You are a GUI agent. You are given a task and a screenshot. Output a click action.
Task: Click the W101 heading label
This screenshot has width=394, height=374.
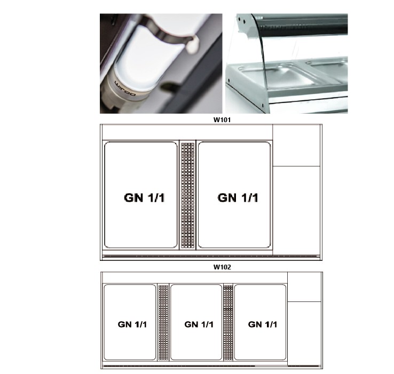222,120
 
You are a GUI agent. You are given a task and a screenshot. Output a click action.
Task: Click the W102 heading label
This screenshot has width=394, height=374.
222,267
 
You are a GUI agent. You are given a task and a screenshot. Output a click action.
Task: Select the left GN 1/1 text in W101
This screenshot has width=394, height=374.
144,198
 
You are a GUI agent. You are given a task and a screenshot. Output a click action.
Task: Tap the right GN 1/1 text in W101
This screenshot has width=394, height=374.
238,198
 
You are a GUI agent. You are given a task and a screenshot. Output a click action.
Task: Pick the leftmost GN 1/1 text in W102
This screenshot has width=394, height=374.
132,324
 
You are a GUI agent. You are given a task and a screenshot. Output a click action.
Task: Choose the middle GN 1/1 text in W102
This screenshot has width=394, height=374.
199,324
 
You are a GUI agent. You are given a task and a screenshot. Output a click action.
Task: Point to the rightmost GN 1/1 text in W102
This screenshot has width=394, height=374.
263,324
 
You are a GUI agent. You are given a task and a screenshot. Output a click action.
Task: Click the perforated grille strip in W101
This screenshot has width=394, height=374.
188,195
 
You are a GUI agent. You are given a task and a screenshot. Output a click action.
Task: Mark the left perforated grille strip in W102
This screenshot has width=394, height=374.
163,322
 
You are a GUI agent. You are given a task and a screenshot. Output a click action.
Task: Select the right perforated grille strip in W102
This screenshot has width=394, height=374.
228,322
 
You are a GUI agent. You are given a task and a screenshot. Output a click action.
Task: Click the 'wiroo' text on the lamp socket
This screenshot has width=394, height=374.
125,89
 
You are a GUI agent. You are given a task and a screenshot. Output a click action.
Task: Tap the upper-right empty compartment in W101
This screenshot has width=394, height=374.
296,145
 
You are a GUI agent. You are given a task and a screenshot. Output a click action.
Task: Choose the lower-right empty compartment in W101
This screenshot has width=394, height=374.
296,211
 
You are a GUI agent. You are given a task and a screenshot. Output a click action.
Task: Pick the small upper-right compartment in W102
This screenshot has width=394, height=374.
304,287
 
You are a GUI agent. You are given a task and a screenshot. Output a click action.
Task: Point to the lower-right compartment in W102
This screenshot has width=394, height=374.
304,333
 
